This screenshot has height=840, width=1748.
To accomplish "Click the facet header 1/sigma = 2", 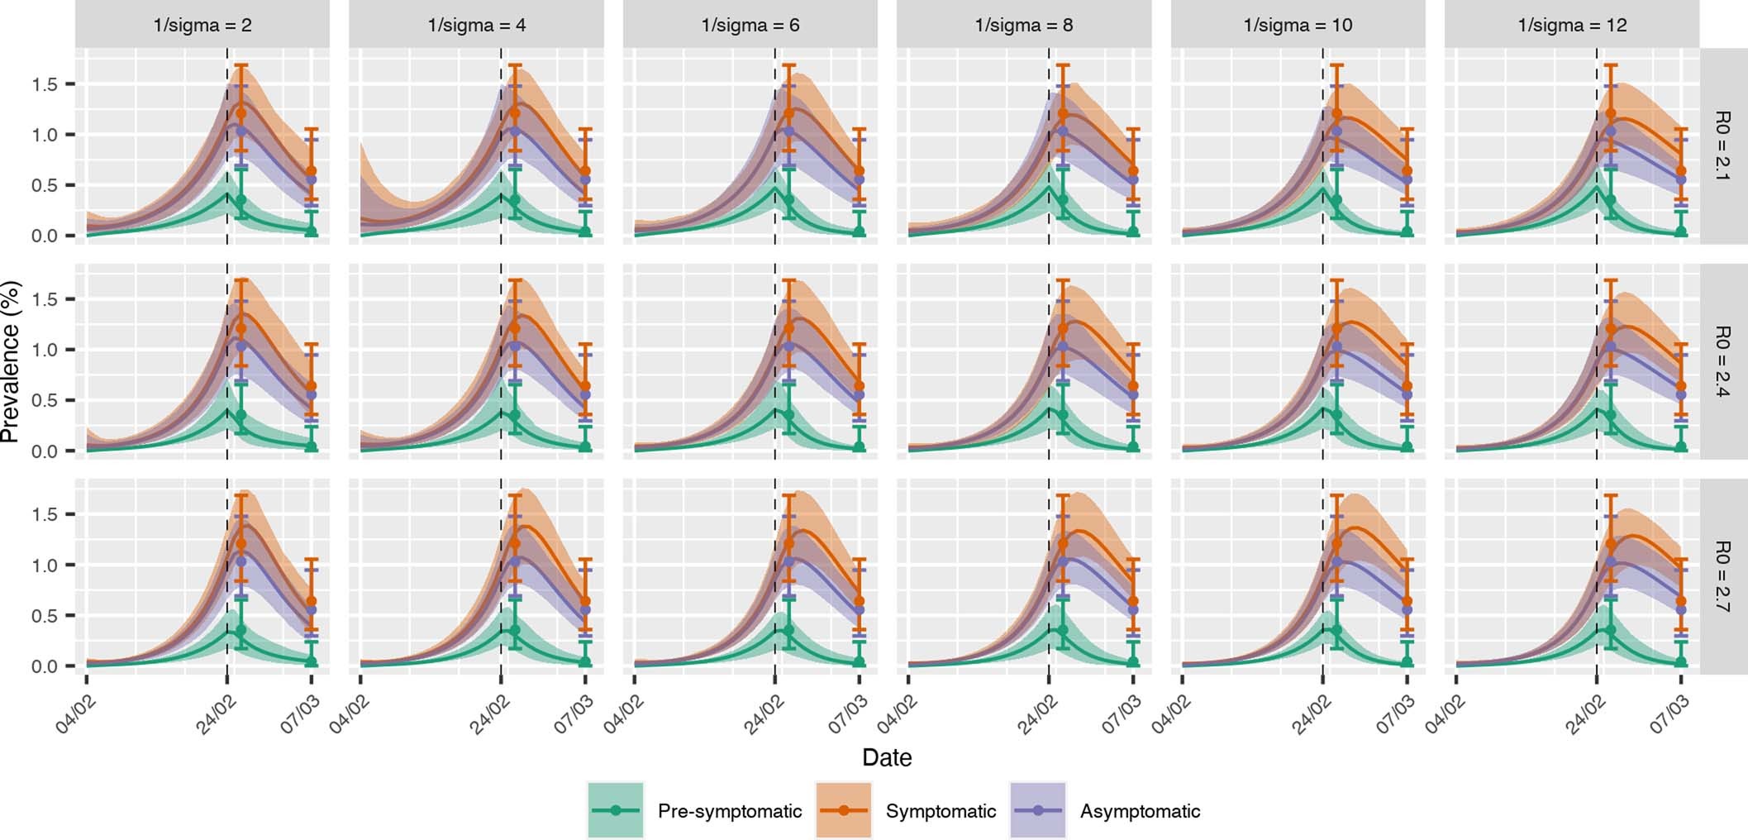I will (202, 25).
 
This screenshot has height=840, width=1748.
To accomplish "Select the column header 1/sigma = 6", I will (750, 25).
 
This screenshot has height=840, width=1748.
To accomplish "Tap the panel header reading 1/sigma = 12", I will (1572, 25).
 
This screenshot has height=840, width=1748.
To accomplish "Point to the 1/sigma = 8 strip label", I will (1024, 25).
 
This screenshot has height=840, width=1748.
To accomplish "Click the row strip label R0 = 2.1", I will (1722, 146).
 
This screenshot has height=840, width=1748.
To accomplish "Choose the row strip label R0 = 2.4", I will (1722, 361).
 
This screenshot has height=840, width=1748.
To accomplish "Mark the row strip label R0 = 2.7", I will (1722, 576).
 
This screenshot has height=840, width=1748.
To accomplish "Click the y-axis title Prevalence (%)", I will (11, 361).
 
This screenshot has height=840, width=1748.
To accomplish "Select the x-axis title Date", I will (887, 757).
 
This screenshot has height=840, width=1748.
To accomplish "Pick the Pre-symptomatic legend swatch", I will (616, 810).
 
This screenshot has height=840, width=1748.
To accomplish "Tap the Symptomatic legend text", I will (941, 811).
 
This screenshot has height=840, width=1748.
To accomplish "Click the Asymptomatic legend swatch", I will (1038, 810).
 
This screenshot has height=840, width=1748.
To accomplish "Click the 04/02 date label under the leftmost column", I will (77, 714).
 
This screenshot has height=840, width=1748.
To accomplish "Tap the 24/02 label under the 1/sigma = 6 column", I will (764, 714).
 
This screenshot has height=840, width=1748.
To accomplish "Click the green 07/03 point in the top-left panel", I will (312, 231).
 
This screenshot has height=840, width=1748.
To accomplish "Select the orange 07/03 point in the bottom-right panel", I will (1681, 601).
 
